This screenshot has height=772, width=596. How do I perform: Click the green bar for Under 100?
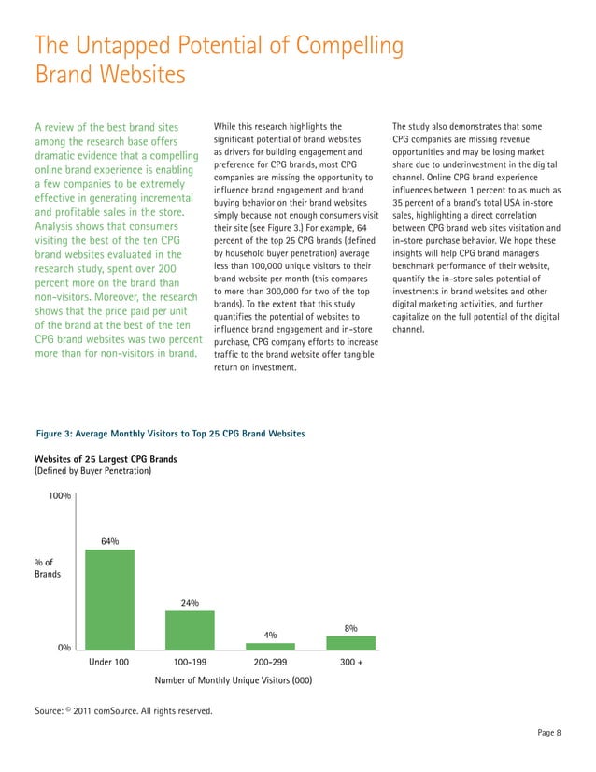(x=109, y=599)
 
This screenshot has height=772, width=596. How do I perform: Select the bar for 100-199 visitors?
(x=190, y=630)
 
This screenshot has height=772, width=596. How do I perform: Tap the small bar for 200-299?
(x=270, y=646)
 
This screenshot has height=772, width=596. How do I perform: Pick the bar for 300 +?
(x=350, y=643)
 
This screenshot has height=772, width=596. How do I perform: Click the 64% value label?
(x=109, y=541)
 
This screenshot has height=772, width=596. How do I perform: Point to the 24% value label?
(x=190, y=603)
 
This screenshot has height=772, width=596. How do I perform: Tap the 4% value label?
(x=270, y=635)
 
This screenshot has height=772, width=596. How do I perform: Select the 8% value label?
(x=351, y=628)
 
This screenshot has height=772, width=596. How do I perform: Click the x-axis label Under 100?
(x=109, y=663)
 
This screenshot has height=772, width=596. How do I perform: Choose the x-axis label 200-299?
(x=270, y=663)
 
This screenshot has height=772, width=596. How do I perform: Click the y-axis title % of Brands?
(x=48, y=567)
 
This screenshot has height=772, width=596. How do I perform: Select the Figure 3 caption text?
(x=169, y=434)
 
